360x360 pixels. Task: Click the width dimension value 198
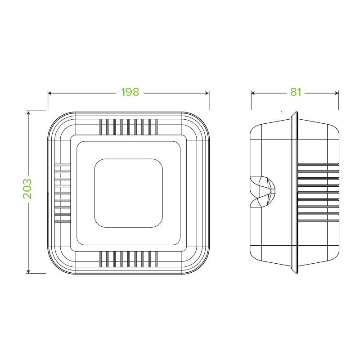[130, 92]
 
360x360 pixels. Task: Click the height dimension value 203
[27, 189]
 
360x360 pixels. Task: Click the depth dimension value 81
[295, 92]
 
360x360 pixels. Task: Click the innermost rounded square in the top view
[128, 193]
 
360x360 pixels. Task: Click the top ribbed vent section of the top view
[128, 126]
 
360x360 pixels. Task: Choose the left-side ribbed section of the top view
[62, 193]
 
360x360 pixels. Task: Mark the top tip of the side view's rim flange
[295, 112]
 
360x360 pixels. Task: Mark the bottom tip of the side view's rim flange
[295, 273]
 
